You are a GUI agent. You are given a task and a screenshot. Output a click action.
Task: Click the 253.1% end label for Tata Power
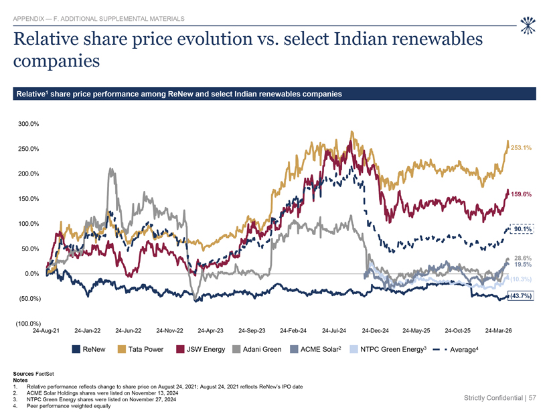521,148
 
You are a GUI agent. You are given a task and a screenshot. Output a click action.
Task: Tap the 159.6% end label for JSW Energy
521,194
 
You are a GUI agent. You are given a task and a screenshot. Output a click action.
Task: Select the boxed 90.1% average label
522,229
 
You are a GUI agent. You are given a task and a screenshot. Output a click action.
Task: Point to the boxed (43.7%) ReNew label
521,296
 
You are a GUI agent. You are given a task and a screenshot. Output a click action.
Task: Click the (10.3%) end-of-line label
521,279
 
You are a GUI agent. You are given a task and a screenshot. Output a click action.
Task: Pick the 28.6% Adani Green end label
523,258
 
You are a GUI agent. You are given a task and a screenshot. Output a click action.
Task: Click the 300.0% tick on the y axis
28,124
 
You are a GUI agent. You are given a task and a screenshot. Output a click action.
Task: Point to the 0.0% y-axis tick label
32,273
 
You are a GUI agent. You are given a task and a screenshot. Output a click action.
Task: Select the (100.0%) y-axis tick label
28,324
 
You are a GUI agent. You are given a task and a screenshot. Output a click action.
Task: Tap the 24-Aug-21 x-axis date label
46,331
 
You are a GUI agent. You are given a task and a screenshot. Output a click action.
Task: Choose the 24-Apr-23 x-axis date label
210,331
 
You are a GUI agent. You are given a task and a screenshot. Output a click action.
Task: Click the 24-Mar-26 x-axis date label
498,331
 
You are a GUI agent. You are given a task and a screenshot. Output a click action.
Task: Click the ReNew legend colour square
76,349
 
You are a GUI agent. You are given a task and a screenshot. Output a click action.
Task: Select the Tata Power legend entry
141,349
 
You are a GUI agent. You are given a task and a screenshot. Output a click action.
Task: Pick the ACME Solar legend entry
316,349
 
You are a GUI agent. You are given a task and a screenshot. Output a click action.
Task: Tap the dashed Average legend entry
456,349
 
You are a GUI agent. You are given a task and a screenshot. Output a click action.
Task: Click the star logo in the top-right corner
528,25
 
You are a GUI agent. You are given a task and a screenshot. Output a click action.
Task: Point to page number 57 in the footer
532,398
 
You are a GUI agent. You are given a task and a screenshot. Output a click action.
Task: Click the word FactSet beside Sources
45,374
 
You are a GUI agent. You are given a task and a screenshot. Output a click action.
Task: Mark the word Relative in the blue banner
30,94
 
